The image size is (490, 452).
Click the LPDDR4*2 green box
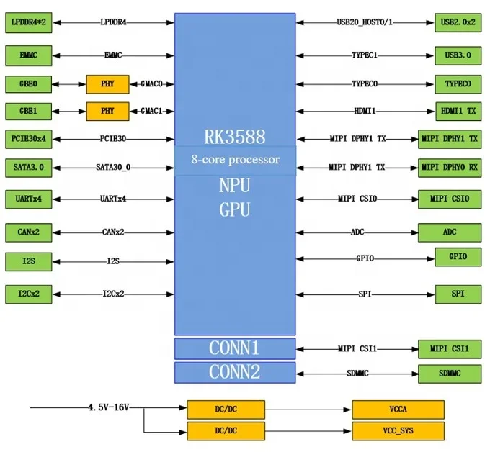click(x=28, y=22)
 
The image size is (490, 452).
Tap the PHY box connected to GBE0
click(x=107, y=84)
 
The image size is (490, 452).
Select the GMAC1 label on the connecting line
click(x=151, y=111)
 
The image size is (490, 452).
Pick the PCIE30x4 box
click(x=28, y=139)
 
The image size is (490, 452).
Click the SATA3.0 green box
click(x=28, y=168)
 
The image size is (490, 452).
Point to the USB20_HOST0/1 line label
click(x=365, y=22)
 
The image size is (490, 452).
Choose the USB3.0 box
click(x=458, y=55)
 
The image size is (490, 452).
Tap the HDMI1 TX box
click(x=458, y=111)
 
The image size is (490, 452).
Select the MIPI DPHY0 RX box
click(x=450, y=168)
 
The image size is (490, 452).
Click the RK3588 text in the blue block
click(x=235, y=137)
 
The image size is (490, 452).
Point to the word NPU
click(x=235, y=186)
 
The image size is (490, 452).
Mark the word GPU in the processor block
click(x=235, y=209)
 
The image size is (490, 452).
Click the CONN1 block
click(x=235, y=348)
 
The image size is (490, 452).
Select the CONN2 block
click(x=235, y=372)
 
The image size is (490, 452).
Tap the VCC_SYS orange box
click(x=398, y=431)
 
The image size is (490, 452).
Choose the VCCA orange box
click(x=398, y=410)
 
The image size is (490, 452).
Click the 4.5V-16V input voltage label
click(x=108, y=407)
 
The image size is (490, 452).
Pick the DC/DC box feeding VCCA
click(x=226, y=410)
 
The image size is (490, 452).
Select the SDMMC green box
click(x=450, y=374)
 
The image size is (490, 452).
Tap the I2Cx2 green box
click(x=28, y=294)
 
